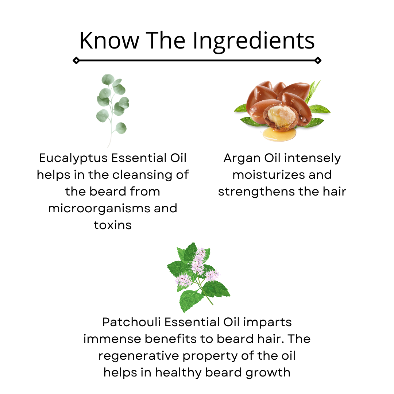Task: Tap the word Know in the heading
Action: click(109, 40)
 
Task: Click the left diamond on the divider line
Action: click(76, 61)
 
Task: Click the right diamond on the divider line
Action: click(318, 61)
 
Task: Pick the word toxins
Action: click(113, 225)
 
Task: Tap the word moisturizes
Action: click(269, 175)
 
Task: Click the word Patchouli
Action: click(131, 322)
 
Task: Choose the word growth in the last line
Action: click(268, 373)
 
